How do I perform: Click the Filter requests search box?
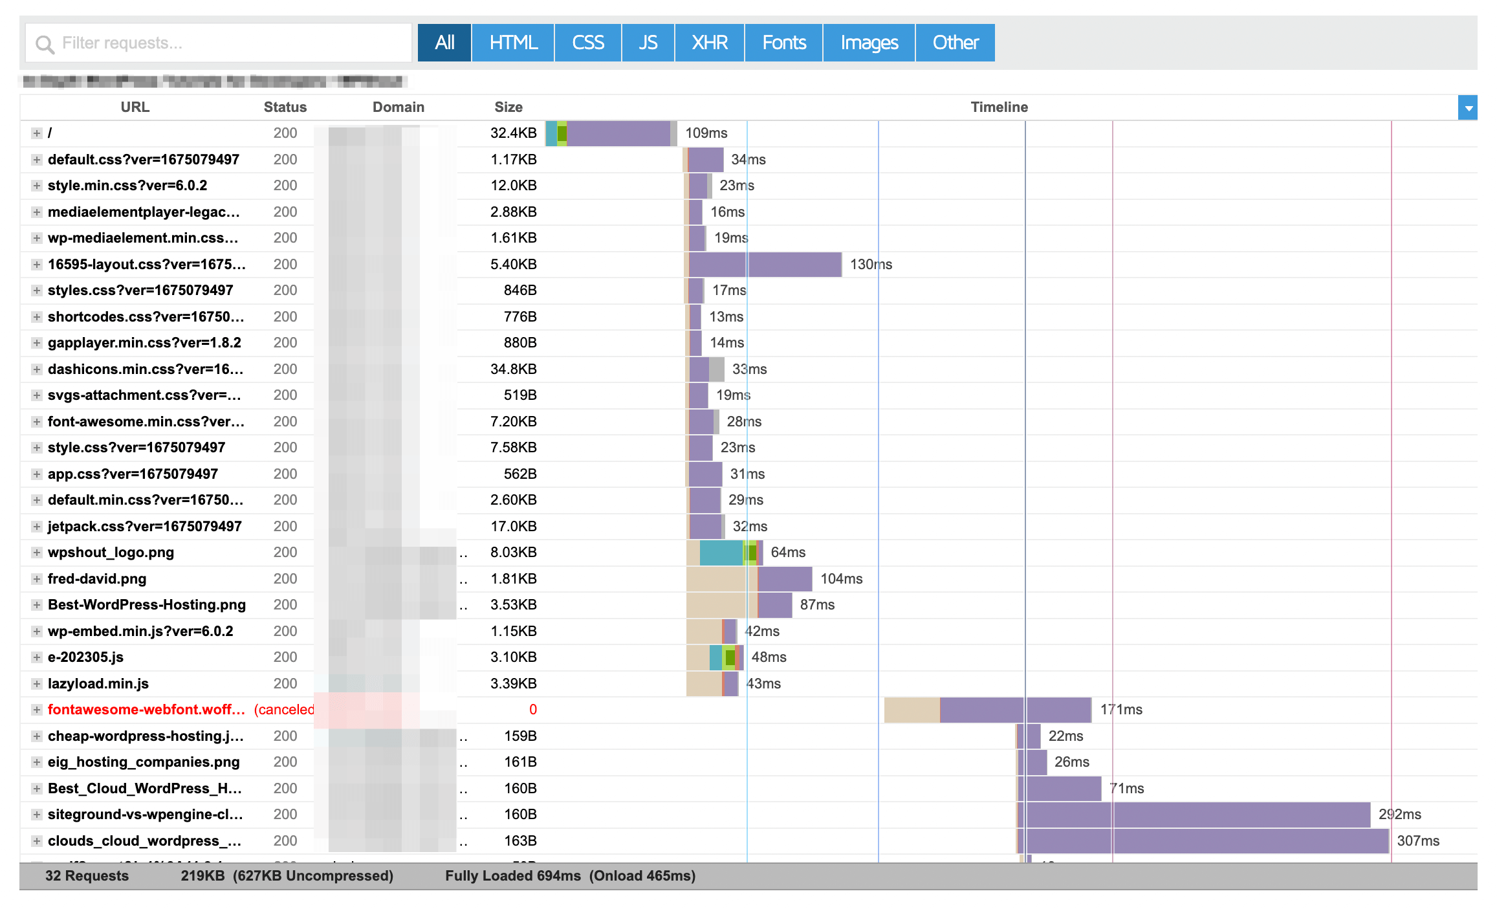[219, 43]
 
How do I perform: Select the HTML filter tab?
[513, 43]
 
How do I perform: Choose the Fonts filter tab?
[783, 43]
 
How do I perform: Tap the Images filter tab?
[869, 43]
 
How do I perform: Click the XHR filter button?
[710, 43]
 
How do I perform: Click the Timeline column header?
[998, 107]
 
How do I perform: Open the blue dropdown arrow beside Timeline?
[1468, 108]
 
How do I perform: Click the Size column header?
[508, 107]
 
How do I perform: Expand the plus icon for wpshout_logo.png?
[37, 553]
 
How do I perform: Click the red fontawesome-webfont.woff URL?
[146, 710]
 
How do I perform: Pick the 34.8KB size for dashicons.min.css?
[513, 369]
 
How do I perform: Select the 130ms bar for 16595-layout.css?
[765, 265]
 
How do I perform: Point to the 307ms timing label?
[1418, 841]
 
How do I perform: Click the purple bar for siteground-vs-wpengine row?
[1197, 815]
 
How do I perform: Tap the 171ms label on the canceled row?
[1121, 710]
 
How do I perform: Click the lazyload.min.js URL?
[98, 684]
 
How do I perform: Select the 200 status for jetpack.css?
[285, 527]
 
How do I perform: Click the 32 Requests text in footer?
[87, 876]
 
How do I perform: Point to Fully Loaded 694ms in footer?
[512, 876]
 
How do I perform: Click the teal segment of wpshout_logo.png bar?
[721, 553]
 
